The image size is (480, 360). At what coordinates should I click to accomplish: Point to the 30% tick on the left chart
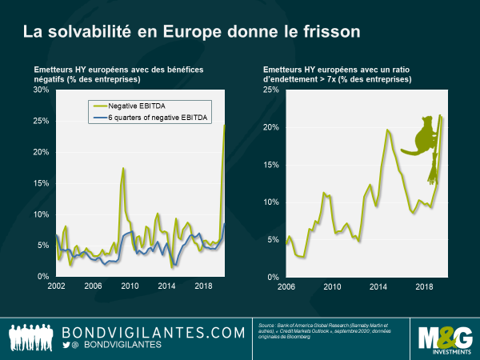point(41,90)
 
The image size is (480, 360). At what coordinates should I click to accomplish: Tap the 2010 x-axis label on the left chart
point(130,286)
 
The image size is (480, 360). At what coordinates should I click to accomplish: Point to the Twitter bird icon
point(67,345)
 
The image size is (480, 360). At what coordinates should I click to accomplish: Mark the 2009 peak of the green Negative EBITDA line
point(124,168)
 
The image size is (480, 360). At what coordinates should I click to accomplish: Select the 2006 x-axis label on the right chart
point(286,286)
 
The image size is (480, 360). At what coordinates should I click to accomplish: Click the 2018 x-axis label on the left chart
point(205,286)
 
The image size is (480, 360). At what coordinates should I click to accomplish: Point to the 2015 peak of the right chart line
point(388,130)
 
